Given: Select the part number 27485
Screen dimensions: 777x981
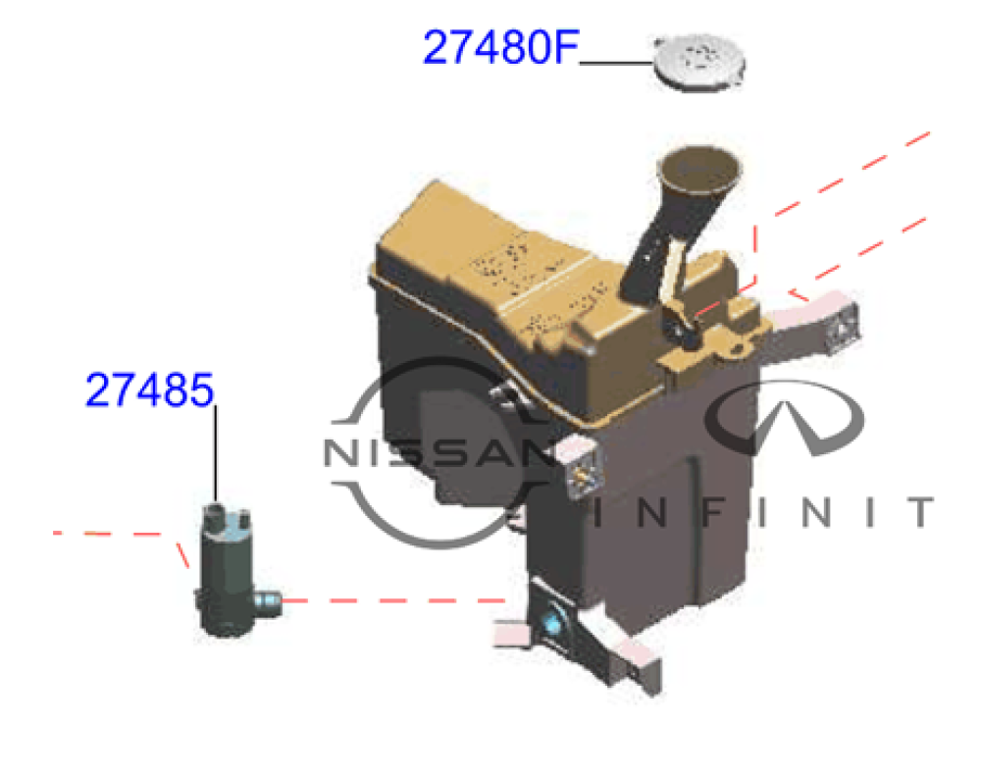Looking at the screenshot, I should [149, 389].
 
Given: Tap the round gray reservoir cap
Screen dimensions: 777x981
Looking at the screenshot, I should [699, 61].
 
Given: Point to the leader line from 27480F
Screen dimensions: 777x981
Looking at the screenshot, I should [616, 62].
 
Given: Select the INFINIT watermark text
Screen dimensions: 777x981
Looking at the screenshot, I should [765, 511].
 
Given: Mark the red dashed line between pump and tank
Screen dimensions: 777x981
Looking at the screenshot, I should [392, 598].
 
